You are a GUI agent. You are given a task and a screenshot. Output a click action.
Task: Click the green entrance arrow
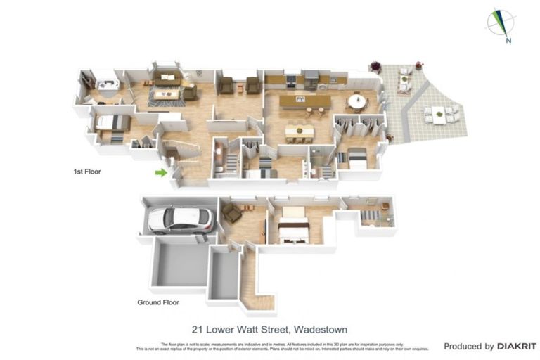tap(162, 172)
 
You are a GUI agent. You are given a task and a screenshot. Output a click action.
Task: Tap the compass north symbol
tap(502, 22)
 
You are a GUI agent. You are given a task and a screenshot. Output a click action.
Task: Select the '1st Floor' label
tap(88, 171)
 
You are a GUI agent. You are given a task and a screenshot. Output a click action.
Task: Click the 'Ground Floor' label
tap(157, 303)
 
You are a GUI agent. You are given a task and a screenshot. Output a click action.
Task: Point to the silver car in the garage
tap(181, 219)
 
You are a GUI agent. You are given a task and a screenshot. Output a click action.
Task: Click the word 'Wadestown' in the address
tap(321, 328)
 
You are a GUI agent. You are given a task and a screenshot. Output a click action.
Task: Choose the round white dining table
tap(357, 101)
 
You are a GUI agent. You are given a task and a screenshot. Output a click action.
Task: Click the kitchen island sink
tap(306, 100)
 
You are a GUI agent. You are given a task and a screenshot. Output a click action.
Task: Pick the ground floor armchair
tap(231, 213)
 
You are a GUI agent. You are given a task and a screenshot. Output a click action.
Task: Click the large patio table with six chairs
tap(441, 114)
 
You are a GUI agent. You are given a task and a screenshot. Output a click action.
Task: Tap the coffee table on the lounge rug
tap(167, 93)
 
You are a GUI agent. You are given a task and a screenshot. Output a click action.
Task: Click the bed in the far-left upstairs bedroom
tap(112, 124)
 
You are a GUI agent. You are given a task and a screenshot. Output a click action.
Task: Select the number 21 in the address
tap(199, 328)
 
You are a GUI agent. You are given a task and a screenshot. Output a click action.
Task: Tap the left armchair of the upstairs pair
tap(226, 85)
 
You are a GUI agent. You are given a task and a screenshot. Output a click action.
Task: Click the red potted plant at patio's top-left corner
tap(375, 67)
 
